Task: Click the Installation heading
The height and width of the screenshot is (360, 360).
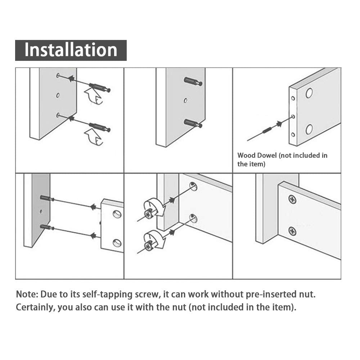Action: click(x=71, y=50)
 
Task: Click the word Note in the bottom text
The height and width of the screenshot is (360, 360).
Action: click(x=27, y=294)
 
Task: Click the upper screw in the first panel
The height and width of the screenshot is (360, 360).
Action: click(x=99, y=87)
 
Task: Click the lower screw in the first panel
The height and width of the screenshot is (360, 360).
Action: click(x=99, y=127)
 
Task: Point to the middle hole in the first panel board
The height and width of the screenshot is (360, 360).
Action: click(x=58, y=95)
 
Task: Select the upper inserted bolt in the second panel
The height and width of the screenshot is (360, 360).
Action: click(x=193, y=81)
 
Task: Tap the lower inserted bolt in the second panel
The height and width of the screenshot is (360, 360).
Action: click(x=193, y=123)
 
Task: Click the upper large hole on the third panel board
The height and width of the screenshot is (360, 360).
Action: click(x=309, y=93)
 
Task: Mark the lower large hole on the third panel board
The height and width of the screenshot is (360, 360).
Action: click(x=309, y=129)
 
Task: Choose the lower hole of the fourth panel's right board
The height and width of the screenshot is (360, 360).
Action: click(x=117, y=243)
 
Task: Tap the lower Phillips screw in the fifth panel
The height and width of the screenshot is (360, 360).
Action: click(x=148, y=246)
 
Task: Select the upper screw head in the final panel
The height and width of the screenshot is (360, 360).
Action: click(x=292, y=199)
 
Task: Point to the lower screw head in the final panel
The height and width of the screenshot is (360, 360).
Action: click(x=292, y=231)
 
